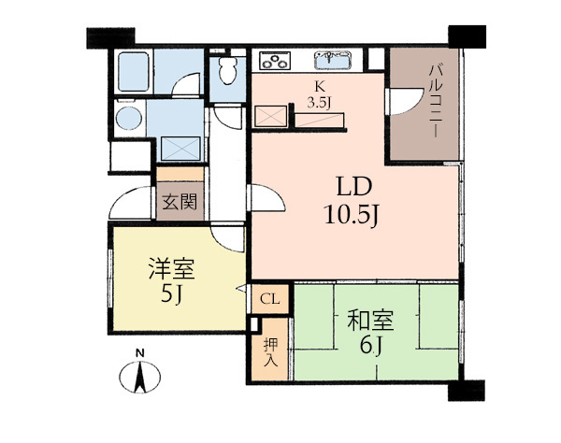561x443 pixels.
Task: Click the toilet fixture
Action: click(x=227, y=71)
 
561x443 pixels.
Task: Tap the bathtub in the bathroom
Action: click(x=133, y=72)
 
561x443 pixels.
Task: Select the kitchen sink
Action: click(x=333, y=61)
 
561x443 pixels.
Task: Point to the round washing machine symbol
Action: click(x=129, y=118)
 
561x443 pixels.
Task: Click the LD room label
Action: click(x=354, y=187)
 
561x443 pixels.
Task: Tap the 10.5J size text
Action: click(x=351, y=215)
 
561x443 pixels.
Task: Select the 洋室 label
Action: click(x=172, y=268)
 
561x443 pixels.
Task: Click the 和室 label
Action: click(x=370, y=320)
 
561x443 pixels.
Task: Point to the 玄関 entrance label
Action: click(x=180, y=203)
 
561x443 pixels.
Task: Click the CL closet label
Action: click(x=270, y=299)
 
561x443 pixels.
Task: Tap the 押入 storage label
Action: click(x=270, y=353)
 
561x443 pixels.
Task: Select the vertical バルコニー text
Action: click(x=435, y=101)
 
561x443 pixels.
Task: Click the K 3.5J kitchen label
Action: click(x=319, y=94)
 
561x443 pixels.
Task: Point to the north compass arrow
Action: click(x=140, y=377)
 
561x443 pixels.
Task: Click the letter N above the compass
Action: click(x=140, y=353)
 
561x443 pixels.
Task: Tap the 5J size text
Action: click(x=172, y=295)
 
